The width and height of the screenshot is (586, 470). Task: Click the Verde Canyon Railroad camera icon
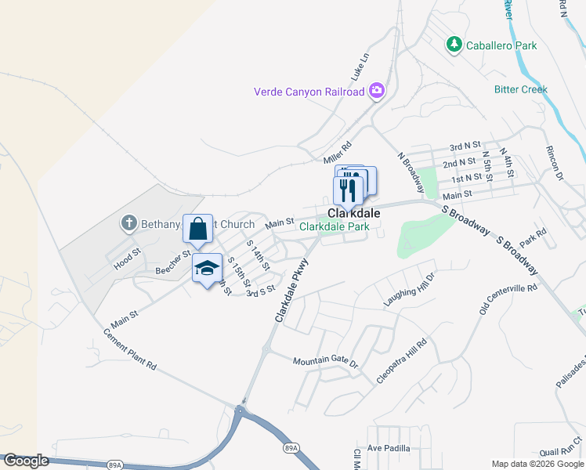click(377, 92)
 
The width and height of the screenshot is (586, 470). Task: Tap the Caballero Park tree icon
click(454, 45)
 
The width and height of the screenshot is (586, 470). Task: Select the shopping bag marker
click(198, 230)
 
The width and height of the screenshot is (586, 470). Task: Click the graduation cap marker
click(207, 269)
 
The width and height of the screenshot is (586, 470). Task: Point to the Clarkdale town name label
click(353, 213)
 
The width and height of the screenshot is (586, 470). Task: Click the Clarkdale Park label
click(334, 227)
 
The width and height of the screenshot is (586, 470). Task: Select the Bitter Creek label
click(520, 89)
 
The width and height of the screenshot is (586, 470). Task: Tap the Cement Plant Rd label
click(130, 349)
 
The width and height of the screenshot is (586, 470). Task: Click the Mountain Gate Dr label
click(325, 363)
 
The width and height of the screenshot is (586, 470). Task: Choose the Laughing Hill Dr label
click(408, 290)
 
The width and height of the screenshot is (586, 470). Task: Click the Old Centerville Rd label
click(508, 301)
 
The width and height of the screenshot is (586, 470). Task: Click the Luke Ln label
click(360, 69)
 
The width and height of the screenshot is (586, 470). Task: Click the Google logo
click(26, 461)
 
